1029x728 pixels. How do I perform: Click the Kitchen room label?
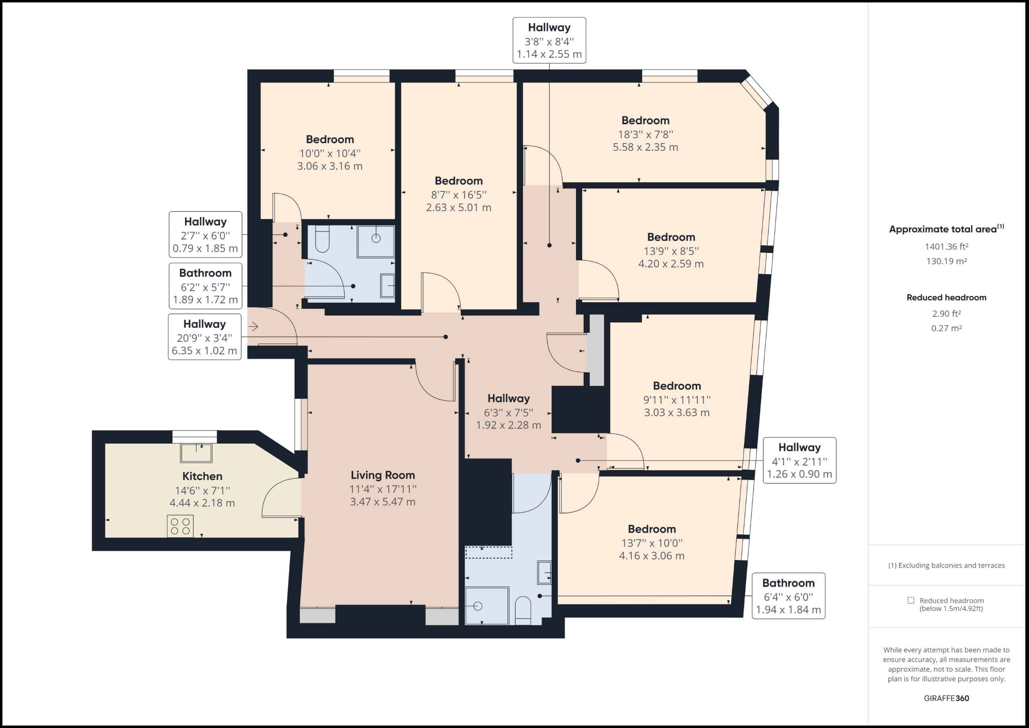click(x=202, y=476)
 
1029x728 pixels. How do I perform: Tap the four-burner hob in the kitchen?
click(x=180, y=526)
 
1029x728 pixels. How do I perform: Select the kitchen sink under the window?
click(x=196, y=453)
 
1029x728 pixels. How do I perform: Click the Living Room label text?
click(x=383, y=475)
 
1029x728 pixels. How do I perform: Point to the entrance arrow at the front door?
click(x=254, y=327)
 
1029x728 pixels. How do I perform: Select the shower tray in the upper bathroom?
click(x=375, y=241)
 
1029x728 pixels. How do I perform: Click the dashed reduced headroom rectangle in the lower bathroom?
click(x=488, y=552)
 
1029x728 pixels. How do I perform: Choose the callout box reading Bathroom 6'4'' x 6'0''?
click(x=788, y=596)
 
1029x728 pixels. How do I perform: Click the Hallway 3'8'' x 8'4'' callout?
click(x=549, y=40)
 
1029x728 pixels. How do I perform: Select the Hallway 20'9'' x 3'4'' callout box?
click(x=204, y=337)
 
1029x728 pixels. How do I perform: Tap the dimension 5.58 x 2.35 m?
click(x=646, y=147)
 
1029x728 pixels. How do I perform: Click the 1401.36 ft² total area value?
click(x=947, y=246)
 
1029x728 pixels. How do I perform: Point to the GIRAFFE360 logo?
click(x=947, y=698)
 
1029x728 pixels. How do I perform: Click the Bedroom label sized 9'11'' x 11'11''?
click(x=677, y=386)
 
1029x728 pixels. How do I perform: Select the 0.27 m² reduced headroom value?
click(x=947, y=328)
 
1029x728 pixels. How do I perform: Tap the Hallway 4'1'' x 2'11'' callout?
click(x=799, y=460)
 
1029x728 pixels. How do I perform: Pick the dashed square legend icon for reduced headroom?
click(x=911, y=600)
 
